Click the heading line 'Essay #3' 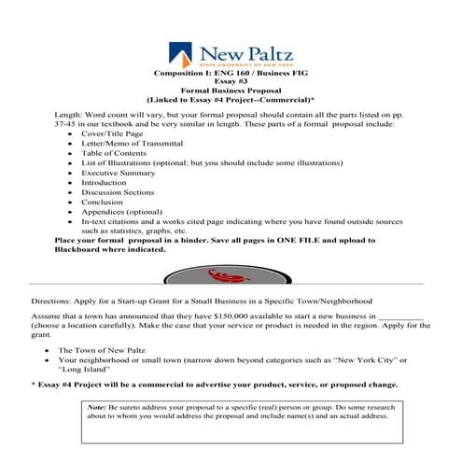(231, 81)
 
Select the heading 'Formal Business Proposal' (231, 91)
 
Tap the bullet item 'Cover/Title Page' (113, 133)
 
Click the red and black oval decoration (230, 276)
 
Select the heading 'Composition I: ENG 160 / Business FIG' (230, 72)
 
